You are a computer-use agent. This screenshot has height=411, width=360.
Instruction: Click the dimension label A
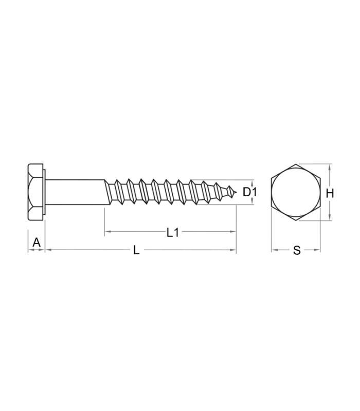(37, 242)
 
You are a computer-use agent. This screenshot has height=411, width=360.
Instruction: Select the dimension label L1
(173, 232)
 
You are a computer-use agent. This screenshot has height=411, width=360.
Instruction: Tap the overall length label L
(136, 250)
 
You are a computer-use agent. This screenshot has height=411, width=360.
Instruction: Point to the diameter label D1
(249, 192)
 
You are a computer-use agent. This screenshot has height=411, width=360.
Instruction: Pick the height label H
(330, 194)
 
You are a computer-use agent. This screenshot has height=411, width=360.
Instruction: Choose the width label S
(297, 250)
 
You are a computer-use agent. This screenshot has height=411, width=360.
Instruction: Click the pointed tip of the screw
(236, 193)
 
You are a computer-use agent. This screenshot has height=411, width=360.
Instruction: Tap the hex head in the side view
(35, 192)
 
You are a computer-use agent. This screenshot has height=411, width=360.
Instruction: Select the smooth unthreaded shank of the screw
(75, 192)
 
